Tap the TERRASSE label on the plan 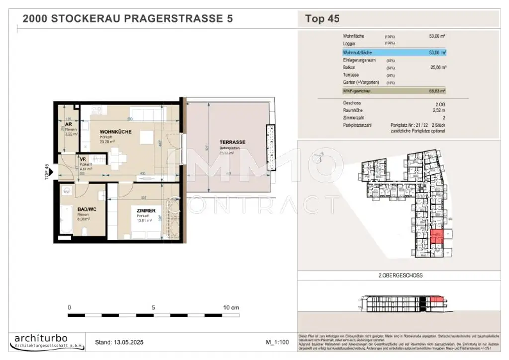pyautogui.click(x=233, y=142)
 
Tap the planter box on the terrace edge pyautogui.click(x=271, y=148)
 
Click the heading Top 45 pyautogui.click(x=322, y=19)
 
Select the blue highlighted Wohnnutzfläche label pyautogui.click(x=357, y=52)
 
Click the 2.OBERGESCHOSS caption pyautogui.click(x=397, y=275)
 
